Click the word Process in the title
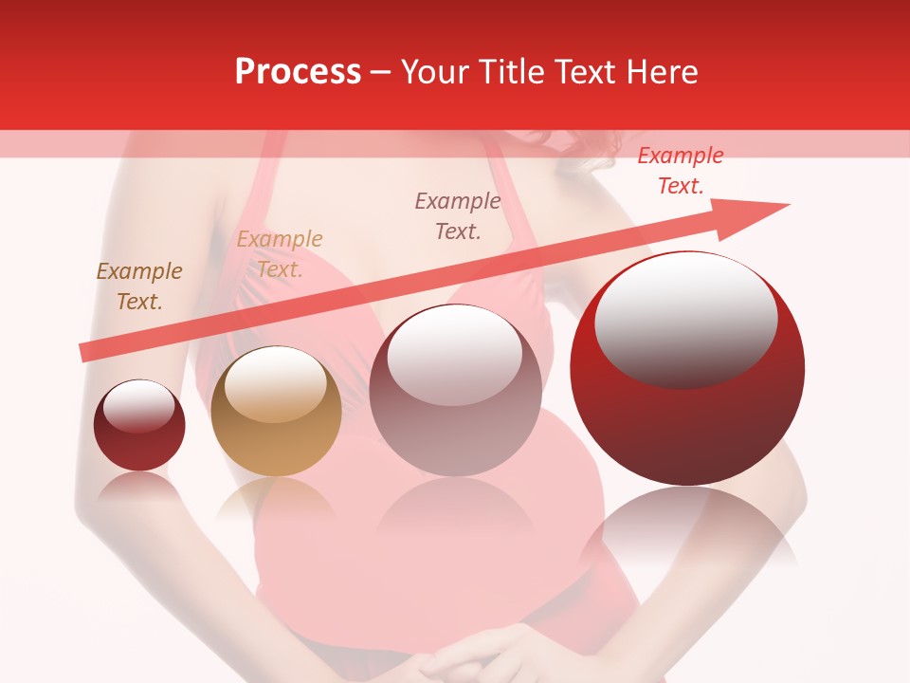pos(298,72)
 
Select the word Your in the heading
pos(437,72)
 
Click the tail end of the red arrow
pos(85,352)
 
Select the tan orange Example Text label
pos(280,254)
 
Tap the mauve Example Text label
pos(458,215)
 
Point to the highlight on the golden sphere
pos(275,382)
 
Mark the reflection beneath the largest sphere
pos(688,531)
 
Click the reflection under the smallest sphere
pos(140,489)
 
